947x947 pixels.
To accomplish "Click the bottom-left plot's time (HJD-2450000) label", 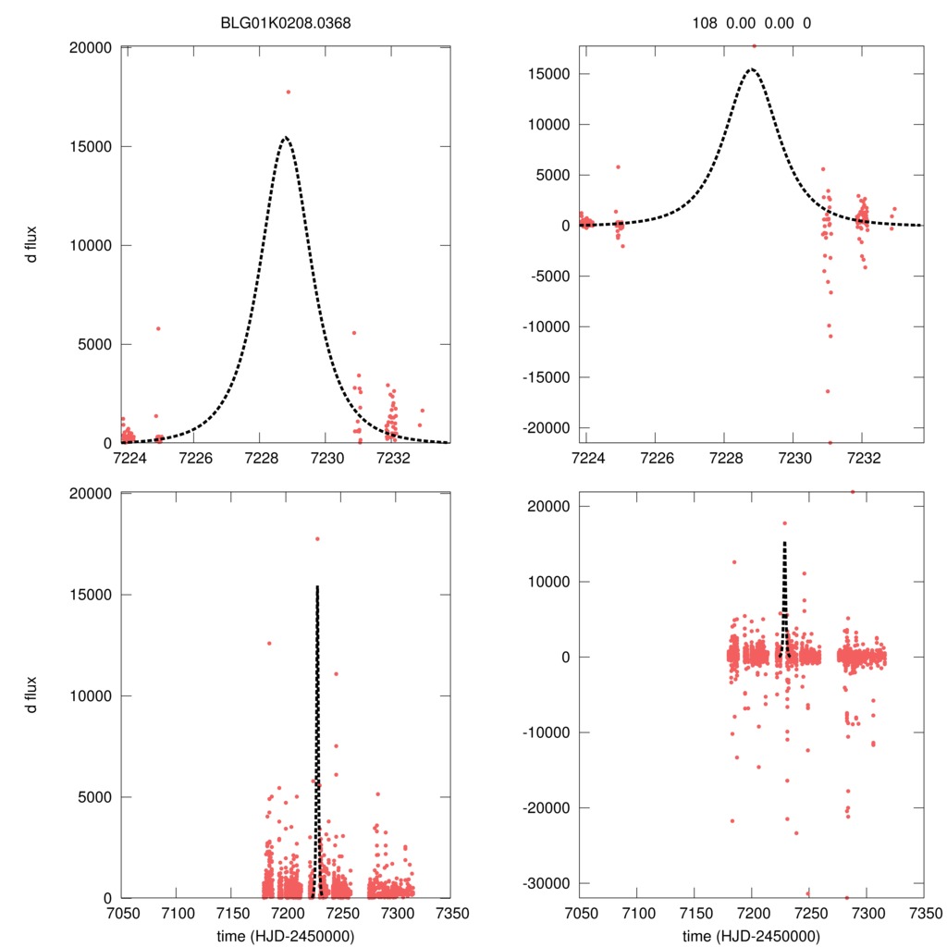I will [286, 935].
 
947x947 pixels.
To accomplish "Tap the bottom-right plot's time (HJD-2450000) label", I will [752, 935].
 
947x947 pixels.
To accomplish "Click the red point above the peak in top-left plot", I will [288, 92].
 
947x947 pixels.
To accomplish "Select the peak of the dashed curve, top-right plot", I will [752, 68].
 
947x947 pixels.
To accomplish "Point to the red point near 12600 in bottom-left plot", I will [269, 643].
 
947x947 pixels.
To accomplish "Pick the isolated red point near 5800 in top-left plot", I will [158, 328].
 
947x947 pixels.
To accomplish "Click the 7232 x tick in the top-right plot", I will [862, 458].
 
